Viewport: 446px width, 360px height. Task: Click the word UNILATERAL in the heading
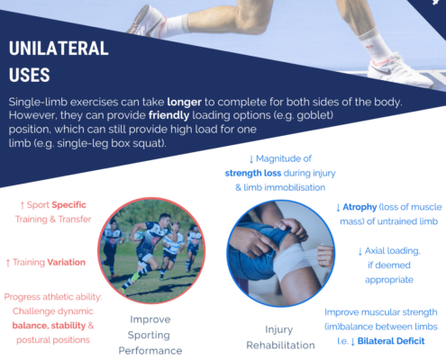pos(59,49)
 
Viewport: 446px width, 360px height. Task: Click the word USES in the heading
pos(30,75)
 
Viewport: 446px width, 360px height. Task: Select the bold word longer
pos(184,103)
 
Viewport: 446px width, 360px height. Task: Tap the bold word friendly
pos(168,115)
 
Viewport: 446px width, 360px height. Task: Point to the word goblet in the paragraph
pos(314,116)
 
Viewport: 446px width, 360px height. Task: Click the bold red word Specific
pos(68,205)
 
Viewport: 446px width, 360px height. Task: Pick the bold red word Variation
pos(66,262)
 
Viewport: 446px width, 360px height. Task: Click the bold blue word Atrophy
pos(360,207)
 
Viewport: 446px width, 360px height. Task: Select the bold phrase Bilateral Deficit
pos(391,341)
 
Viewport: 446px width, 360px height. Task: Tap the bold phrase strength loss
pos(253,173)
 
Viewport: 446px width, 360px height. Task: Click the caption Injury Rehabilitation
pos(280,337)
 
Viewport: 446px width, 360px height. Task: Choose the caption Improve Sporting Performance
pos(150,335)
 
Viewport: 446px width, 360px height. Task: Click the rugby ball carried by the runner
pos(139,236)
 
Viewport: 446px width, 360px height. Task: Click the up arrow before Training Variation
pos(8,263)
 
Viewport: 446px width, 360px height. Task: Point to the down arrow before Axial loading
pos(360,251)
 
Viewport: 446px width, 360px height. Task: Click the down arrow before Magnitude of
pos(251,159)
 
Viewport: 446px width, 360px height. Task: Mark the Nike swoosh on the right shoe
pos(385,70)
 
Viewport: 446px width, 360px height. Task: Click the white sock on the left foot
pos(177,25)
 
